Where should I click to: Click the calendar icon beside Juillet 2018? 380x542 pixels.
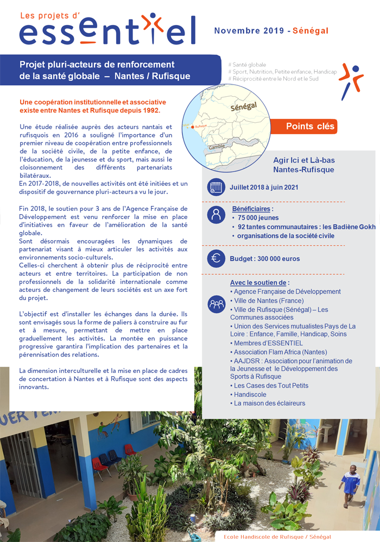coord(216,188)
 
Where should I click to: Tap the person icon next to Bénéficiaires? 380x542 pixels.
coord(216,214)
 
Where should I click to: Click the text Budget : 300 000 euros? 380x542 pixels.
coord(265,259)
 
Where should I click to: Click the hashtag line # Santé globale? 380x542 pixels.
coord(248,65)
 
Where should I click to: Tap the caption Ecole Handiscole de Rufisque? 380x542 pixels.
coord(277,537)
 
